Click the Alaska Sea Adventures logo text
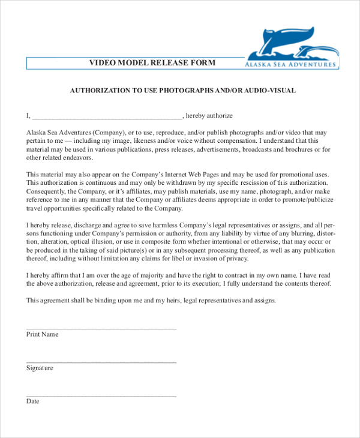tap(290, 64)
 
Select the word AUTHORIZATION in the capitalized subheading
tap(100, 91)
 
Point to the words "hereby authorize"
tap(209, 115)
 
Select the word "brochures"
tap(292, 149)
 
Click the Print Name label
tap(42, 334)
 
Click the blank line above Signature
tap(101, 362)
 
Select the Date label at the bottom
tap(32, 401)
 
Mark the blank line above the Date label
tap(101, 395)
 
